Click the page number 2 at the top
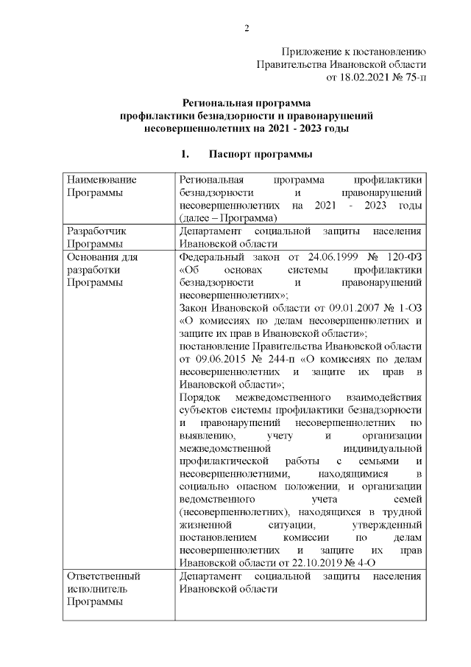pyautogui.click(x=247, y=28)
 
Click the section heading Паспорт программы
pyautogui.click(x=261, y=155)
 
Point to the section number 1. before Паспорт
pyautogui.click(x=185, y=155)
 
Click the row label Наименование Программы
pyautogui.click(x=102, y=186)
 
